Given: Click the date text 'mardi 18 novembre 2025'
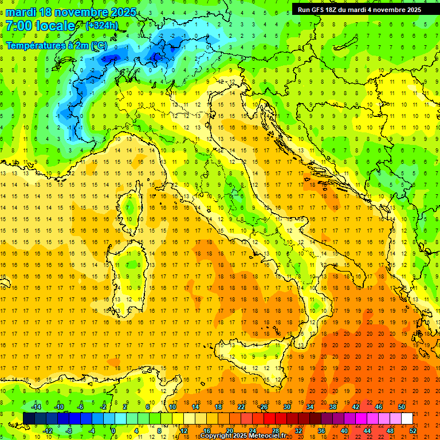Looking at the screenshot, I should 71,12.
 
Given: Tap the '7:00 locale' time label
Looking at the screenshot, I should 40,26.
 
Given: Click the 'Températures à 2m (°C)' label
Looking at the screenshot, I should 56,45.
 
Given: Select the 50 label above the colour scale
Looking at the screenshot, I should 402,406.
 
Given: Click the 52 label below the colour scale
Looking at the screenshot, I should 413,430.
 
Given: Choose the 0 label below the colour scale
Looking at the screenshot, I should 113,430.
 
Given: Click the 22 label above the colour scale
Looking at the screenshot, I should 241,406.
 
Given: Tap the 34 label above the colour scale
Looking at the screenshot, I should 310,406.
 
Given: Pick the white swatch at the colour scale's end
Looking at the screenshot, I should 407,418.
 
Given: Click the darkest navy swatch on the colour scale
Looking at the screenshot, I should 29,418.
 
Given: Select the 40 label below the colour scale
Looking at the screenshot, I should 344,430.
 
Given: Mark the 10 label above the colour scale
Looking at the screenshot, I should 172,406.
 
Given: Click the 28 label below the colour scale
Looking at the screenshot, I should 276,430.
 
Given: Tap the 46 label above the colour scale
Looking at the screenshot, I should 379,406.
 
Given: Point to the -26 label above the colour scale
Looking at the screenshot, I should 263,406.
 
